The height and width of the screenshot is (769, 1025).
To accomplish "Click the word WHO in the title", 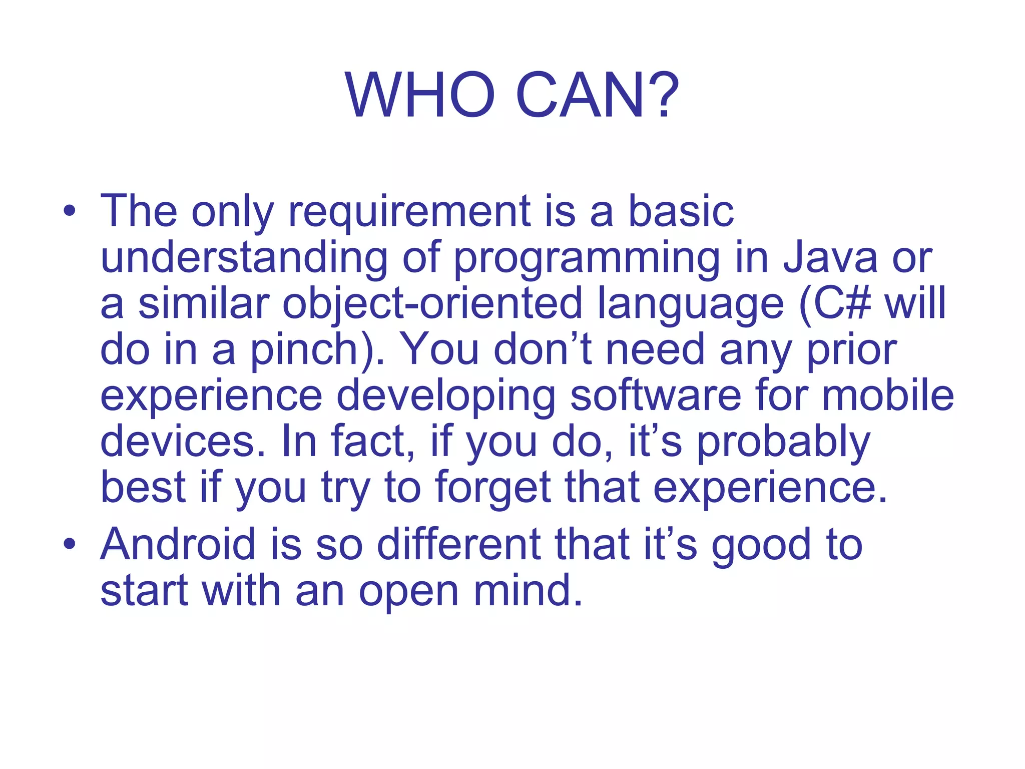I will [x=419, y=95].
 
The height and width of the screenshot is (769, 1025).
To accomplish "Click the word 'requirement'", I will [x=409, y=212].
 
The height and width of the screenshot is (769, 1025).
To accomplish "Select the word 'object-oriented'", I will [x=432, y=304].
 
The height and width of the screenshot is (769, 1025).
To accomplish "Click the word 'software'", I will [x=656, y=396].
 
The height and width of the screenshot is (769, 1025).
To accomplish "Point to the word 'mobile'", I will [x=888, y=396].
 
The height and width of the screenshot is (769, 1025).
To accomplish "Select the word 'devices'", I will [x=178, y=442].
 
